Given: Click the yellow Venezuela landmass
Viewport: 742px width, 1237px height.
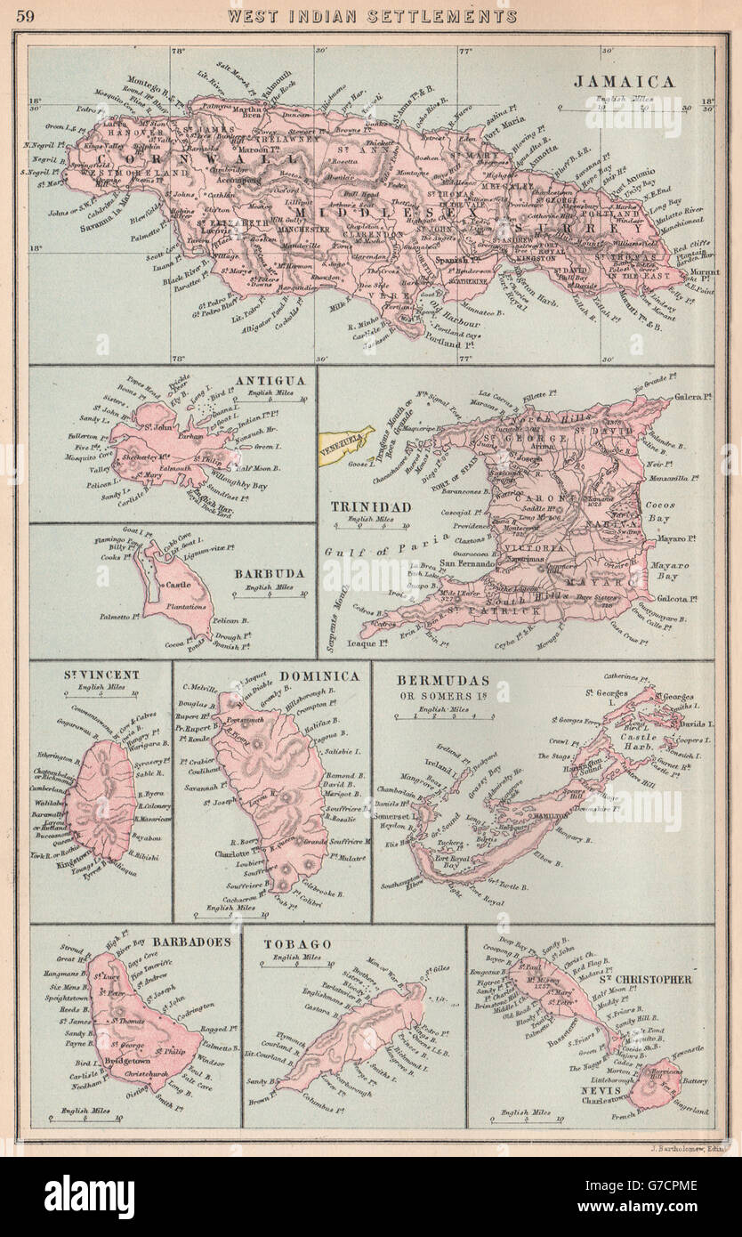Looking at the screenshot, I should pos(347,440).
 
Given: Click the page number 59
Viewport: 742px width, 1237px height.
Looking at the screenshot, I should pos(27,15).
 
